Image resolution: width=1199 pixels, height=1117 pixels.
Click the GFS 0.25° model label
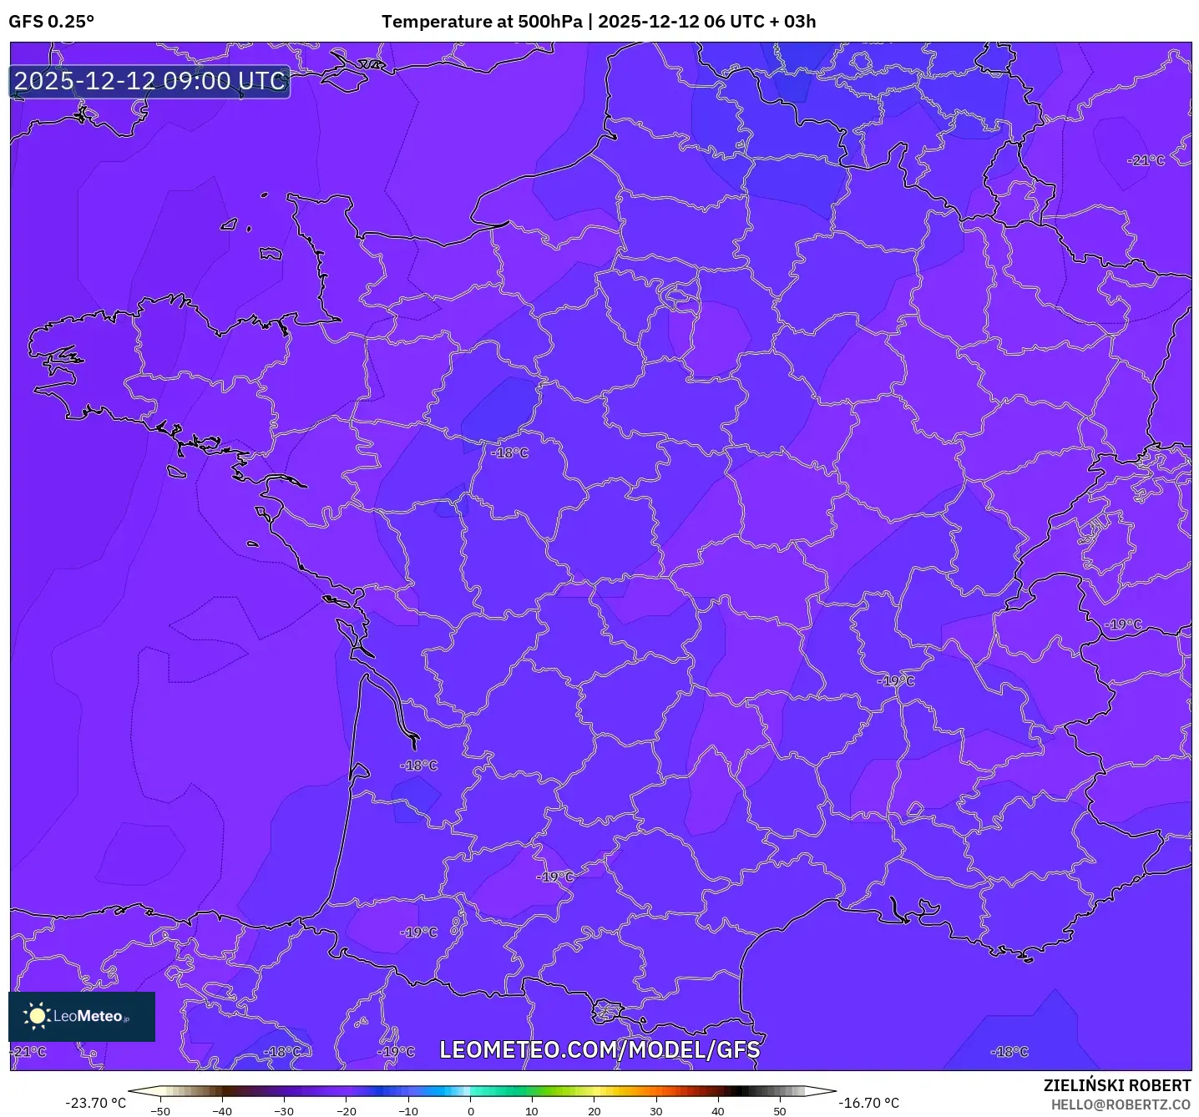(x=51, y=22)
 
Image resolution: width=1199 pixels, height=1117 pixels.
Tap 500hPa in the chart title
(x=549, y=22)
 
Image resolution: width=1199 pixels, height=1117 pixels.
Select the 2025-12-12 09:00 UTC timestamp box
(x=150, y=81)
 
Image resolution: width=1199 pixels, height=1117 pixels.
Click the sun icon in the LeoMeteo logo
(x=37, y=1016)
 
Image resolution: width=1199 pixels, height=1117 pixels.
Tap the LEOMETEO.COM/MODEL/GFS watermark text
(x=599, y=1049)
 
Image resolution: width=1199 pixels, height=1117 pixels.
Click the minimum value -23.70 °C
(x=96, y=1103)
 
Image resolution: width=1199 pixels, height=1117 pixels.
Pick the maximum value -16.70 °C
(x=869, y=1103)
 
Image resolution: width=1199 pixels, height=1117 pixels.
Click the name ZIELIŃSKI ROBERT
(x=1117, y=1085)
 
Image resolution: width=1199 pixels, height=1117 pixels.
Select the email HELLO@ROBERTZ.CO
(x=1121, y=1104)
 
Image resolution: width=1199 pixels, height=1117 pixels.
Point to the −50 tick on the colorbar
(x=159, y=1111)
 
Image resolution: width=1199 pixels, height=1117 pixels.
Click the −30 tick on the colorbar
(x=284, y=1111)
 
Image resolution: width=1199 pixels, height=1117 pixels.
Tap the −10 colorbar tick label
(x=407, y=1111)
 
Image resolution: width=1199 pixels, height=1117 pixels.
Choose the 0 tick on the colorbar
(x=470, y=1111)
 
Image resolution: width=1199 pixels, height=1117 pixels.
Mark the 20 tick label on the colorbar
(x=594, y=1111)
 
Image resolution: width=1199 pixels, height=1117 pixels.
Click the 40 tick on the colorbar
(x=718, y=1111)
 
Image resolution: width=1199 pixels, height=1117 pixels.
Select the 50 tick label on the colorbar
(x=780, y=1111)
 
